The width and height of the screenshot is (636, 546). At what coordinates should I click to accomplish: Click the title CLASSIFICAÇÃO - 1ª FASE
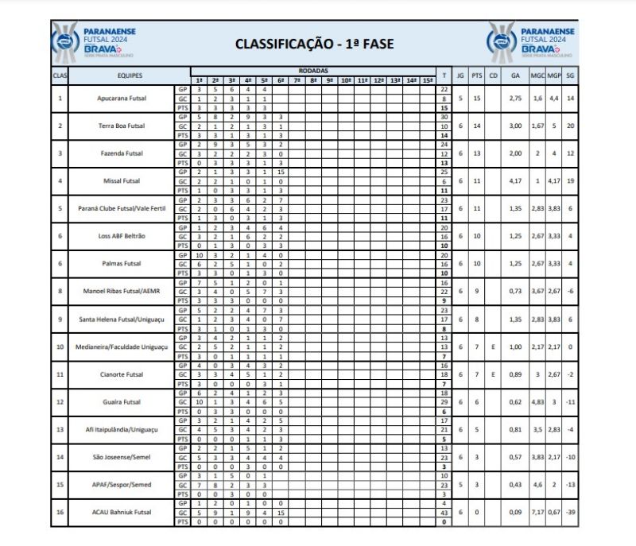pyautogui.click(x=314, y=43)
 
